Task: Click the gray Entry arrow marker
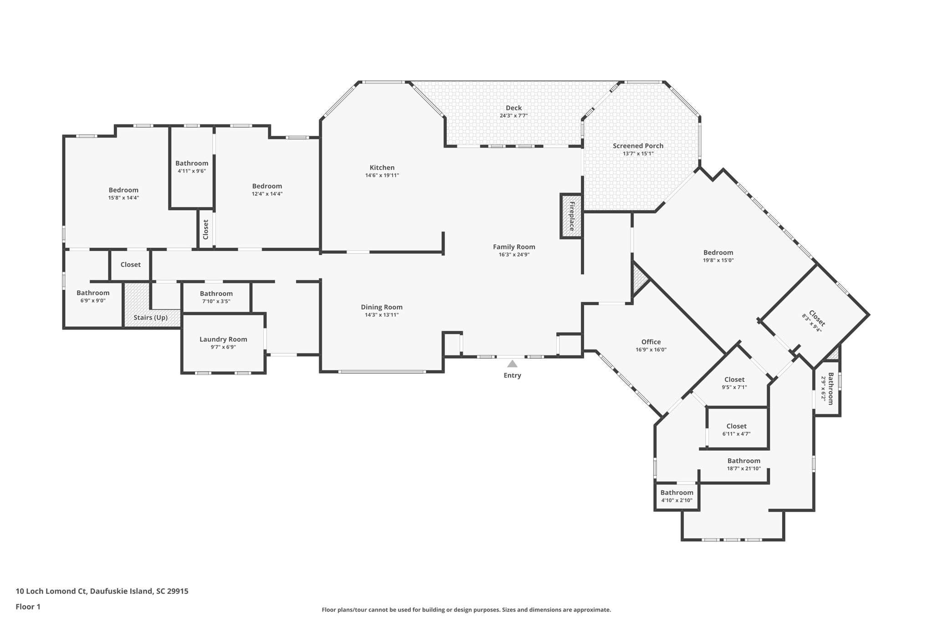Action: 512,364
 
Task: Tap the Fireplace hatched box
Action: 571,216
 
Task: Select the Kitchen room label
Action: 382,167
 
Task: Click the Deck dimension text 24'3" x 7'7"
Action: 513,116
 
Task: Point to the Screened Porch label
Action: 638,146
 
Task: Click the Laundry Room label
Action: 223,339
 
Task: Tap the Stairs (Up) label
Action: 150,318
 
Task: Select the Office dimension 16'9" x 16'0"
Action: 651,350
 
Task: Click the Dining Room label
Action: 382,307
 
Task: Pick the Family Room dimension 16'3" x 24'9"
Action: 514,255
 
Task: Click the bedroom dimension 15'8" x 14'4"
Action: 123,198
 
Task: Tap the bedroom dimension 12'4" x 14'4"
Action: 267,194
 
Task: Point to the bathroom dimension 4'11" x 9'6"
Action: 192,171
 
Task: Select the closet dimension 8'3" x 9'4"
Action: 812,323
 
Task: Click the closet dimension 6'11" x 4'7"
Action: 736,434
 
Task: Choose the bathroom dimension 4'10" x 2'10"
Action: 677,500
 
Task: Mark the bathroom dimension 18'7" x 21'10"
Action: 744,468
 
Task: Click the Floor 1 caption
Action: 28,607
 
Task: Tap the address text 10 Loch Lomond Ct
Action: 51,591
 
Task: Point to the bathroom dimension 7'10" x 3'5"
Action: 216,301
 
